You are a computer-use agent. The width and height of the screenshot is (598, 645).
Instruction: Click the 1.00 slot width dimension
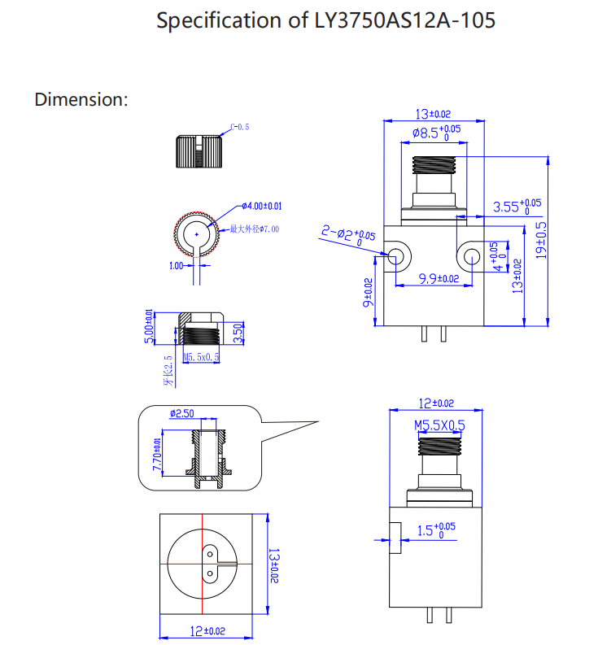(x=176, y=266)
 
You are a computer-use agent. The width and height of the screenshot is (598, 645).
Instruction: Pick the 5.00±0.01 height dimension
(x=148, y=327)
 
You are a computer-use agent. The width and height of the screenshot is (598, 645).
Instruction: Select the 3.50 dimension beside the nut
(x=238, y=333)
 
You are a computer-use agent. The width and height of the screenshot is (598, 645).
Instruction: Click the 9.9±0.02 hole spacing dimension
(x=439, y=279)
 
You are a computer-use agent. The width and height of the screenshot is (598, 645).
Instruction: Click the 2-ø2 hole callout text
(x=347, y=236)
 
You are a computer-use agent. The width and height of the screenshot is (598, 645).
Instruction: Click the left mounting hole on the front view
(x=398, y=257)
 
